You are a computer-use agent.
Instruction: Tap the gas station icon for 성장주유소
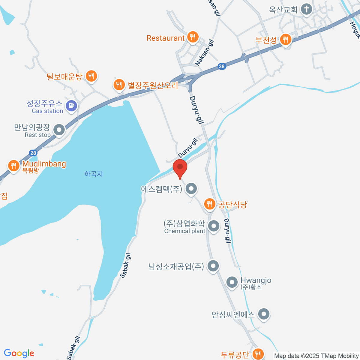coord(71,106)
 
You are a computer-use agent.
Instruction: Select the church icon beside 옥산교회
coord(306,9)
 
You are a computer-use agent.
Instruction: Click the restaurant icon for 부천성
coord(286,39)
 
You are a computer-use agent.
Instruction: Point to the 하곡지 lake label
coord(94,174)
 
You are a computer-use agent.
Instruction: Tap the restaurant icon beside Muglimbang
coord(13,165)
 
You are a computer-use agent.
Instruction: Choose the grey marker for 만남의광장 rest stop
coord(59,130)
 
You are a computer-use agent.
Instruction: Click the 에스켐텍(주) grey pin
coord(191,189)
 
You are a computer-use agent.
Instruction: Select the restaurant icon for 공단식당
coord(209,204)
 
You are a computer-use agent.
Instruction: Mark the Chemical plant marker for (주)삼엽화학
coord(214,226)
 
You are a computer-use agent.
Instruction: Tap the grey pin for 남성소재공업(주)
coord(213,266)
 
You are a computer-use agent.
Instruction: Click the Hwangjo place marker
coord(232,282)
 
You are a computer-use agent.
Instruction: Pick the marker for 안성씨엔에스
coord(264,314)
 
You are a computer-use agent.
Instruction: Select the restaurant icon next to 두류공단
coord(257,354)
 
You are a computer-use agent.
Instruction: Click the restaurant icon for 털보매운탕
coord(91,76)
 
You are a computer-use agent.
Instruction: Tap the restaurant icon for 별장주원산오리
coord(119,85)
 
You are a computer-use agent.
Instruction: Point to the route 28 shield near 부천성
coord(222,66)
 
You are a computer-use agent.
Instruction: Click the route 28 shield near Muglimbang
coord(33,153)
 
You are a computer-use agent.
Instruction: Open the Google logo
coord(19,353)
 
